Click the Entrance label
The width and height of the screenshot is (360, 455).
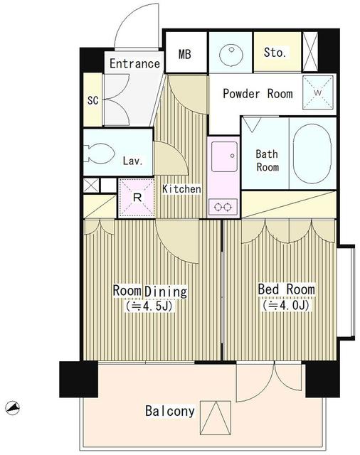pyautogui.click(x=134, y=64)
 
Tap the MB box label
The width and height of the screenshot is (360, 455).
pyautogui.click(x=185, y=53)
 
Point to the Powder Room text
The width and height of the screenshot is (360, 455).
pyautogui.click(x=258, y=93)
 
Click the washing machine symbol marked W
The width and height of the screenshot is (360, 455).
pyautogui.click(x=317, y=91)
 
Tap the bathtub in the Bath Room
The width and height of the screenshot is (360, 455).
pyautogui.click(x=313, y=154)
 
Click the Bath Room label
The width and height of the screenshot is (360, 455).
pyautogui.click(x=267, y=160)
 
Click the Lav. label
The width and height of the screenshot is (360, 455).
pyautogui.click(x=133, y=161)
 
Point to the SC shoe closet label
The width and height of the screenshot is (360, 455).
pyautogui.click(x=92, y=100)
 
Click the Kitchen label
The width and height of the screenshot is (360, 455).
pyautogui.click(x=181, y=189)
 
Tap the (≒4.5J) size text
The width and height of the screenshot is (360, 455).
pyautogui.click(x=149, y=307)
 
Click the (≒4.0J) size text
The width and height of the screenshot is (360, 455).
pyautogui.click(x=286, y=306)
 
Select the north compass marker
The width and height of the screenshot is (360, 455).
pyautogui.click(x=11, y=407)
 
